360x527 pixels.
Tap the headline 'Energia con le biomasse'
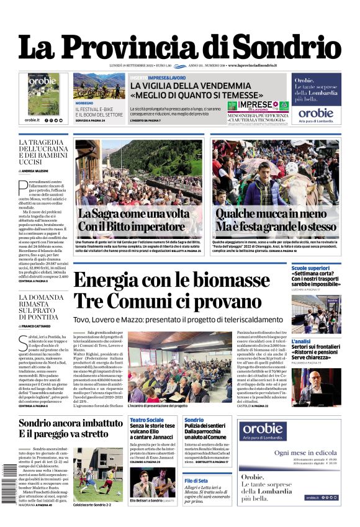pyautogui.click(x=171, y=280)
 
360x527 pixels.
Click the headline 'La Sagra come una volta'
pyautogui.click(x=133, y=213)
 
